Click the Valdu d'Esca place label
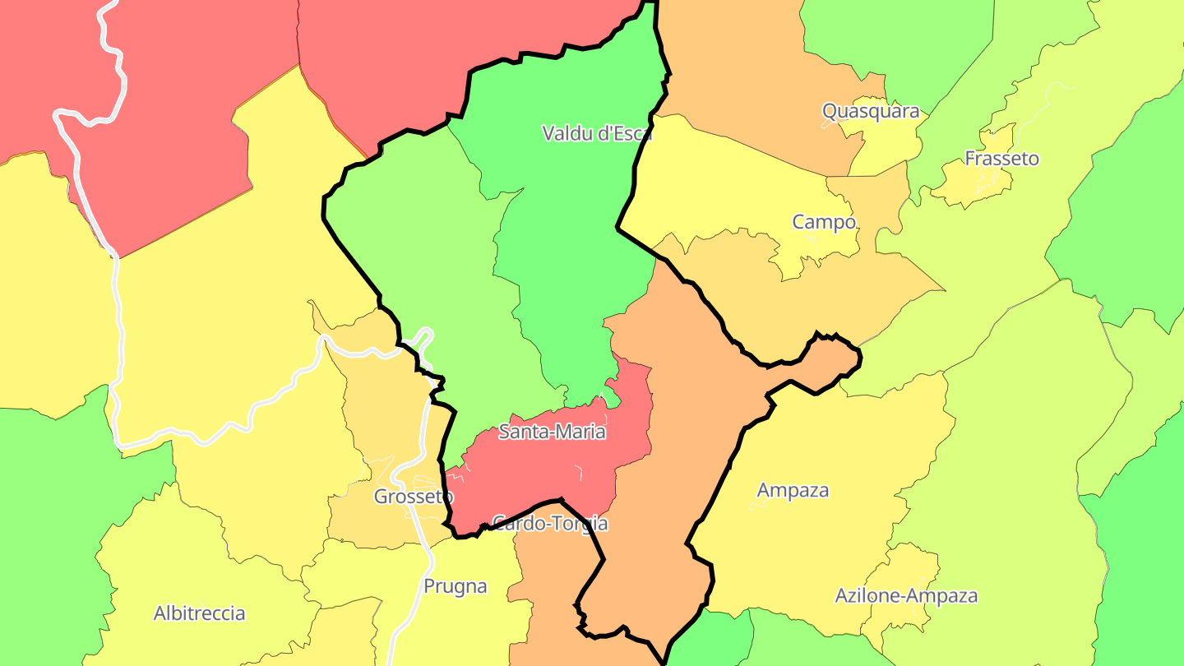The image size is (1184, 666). pos(597,133)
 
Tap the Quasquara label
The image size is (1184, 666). pos(871,111)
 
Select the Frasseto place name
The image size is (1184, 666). pos(1001,159)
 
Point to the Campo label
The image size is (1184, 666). pos(824,222)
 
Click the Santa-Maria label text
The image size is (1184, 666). pos(552,432)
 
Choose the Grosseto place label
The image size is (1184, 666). pos(414,497)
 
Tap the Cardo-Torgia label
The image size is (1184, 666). pos(549,523)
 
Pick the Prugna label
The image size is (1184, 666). pos(455,586)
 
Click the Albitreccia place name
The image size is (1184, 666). pos(199,613)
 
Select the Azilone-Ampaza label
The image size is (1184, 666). pos(906,595)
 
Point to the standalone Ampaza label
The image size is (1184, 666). pos(793,491)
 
